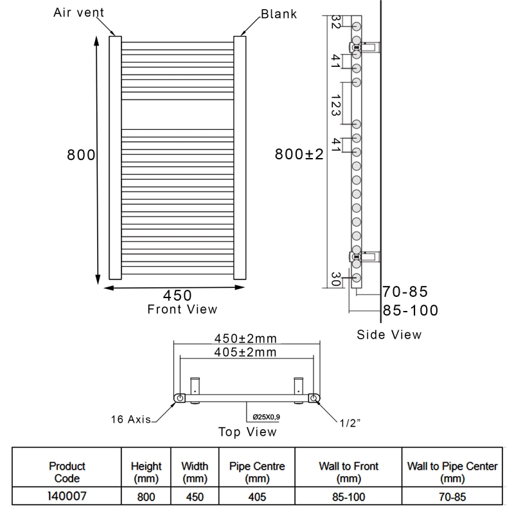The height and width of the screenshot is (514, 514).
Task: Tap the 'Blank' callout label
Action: (x=278, y=13)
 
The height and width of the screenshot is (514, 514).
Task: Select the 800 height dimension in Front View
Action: (x=82, y=155)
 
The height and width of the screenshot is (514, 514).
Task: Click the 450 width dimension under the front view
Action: (x=177, y=295)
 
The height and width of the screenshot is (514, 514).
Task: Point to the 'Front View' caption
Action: (x=182, y=309)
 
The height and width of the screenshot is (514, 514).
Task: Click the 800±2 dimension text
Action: (x=299, y=154)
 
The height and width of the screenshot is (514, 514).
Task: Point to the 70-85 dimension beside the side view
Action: (x=405, y=292)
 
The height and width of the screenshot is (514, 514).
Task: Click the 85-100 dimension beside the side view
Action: (x=410, y=310)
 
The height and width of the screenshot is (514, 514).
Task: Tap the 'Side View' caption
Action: (x=389, y=334)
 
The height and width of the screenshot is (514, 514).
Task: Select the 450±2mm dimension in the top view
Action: (x=245, y=339)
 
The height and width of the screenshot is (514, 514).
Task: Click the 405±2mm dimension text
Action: (x=245, y=351)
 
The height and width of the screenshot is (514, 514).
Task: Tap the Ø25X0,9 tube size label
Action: (x=265, y=418)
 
